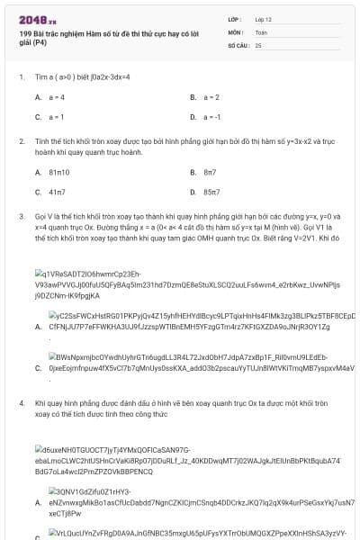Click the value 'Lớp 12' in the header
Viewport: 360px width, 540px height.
[264, 18]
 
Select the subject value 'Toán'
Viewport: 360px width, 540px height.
[261, 31]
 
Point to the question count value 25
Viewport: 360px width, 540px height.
[258, 44]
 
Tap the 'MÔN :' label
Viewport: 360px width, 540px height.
[235, 31]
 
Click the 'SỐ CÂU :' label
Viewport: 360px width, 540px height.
[238, 44]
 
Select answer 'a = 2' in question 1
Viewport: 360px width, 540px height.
[211, 96]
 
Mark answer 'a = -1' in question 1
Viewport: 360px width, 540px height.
[212, 117]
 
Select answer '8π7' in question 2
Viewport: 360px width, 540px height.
[210, 171]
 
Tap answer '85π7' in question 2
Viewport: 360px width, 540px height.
[212, 192]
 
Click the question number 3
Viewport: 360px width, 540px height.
[21, 217]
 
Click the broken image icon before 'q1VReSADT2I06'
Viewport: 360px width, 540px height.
[39, 273]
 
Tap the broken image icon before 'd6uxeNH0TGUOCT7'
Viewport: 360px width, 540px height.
[39, 448]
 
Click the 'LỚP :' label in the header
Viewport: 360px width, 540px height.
[235, 18]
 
